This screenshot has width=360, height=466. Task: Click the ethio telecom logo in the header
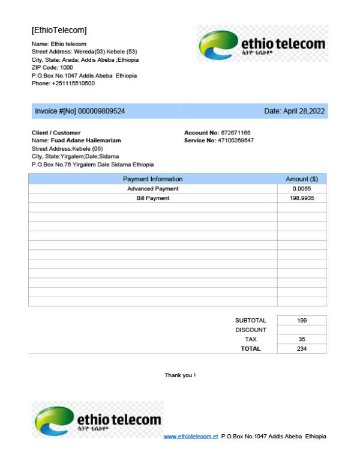coord(262,44)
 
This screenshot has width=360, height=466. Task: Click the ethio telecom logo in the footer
coord(97,419)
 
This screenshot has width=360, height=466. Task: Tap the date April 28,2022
coord(304,111)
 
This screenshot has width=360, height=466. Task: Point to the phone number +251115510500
coord(73,83)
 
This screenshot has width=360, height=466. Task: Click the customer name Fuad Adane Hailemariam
coord(85,140)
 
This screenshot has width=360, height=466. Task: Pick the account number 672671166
coord(235,132)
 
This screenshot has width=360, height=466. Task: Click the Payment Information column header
coord(152,179)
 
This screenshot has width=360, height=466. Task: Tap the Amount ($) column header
coord(301,179)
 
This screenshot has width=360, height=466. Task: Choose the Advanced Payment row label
coord(152,189)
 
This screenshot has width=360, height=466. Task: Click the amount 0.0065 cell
coord(301,189)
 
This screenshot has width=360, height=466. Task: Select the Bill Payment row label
coord(152,198)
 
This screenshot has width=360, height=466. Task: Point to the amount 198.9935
coord(301,198)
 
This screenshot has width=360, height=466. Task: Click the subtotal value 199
coord(302,321)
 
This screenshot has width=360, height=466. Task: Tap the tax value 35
coord(302,339)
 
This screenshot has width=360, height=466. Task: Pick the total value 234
coord(302,349)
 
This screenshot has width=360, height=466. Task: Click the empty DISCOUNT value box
coord(302,330)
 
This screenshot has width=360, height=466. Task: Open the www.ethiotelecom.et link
coord(190,437)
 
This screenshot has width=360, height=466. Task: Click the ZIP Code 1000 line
coord(52,67)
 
